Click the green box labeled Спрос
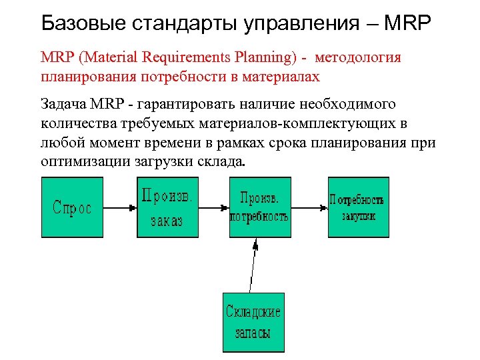click(72, 207)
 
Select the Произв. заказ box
click(168, 207)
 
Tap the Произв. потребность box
click(260, 207)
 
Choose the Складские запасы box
click(253, 322)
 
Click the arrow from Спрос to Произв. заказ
click(120, 207)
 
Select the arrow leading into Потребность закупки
click(309, 207)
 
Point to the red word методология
click(358, 57)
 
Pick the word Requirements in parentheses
click(194, 57)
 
